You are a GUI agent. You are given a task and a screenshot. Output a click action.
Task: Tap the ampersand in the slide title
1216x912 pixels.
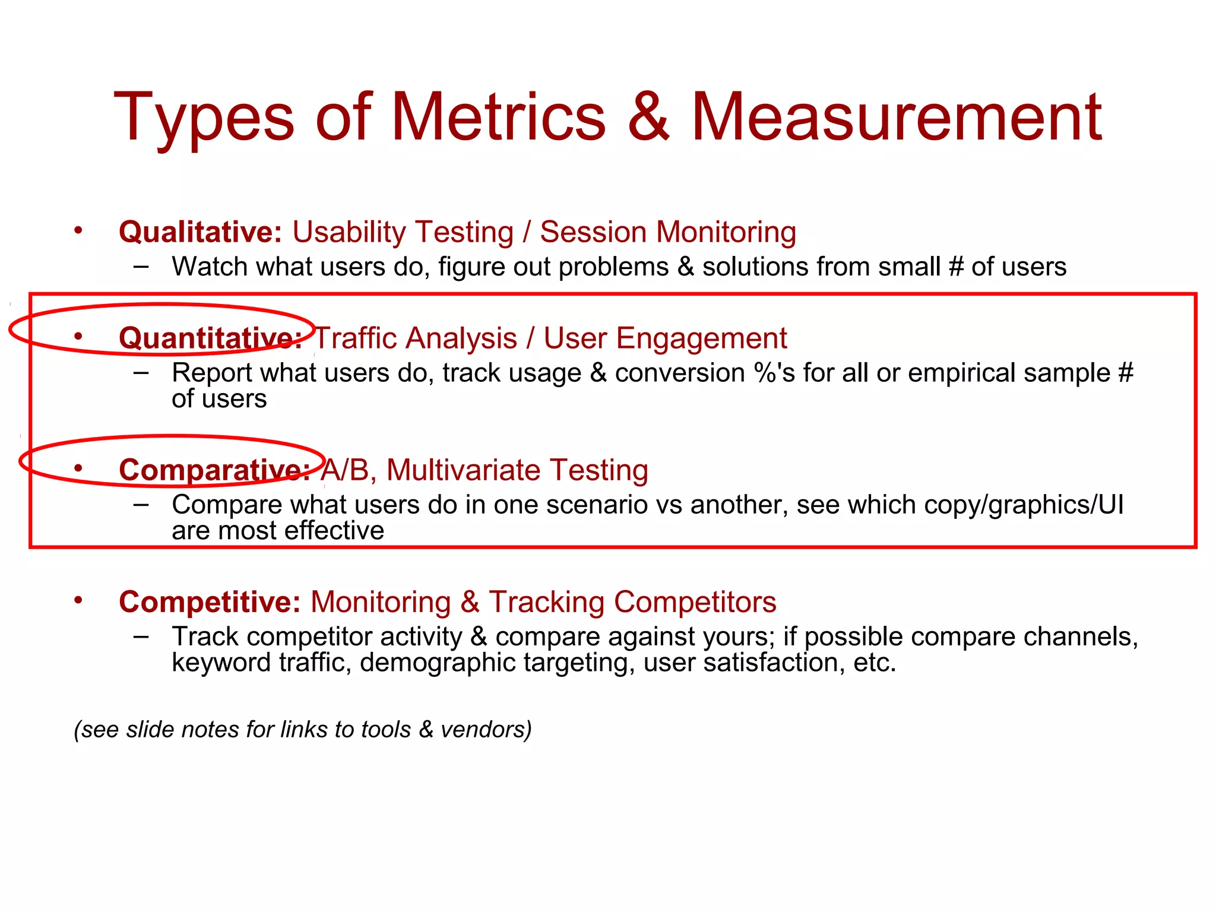point(648,117)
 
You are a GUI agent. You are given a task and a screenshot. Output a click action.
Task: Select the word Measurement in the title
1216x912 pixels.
point(897,117)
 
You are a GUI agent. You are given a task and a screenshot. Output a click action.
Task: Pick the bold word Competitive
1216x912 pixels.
point(210,602)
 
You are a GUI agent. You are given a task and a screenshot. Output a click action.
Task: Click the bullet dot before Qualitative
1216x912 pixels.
point(78,230)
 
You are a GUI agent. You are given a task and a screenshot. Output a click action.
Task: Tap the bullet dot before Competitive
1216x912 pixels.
point(78,600)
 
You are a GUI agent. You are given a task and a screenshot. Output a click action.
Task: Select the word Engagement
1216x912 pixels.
point(701,338)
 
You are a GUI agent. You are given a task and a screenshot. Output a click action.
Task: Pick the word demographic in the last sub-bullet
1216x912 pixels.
point(437,663)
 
